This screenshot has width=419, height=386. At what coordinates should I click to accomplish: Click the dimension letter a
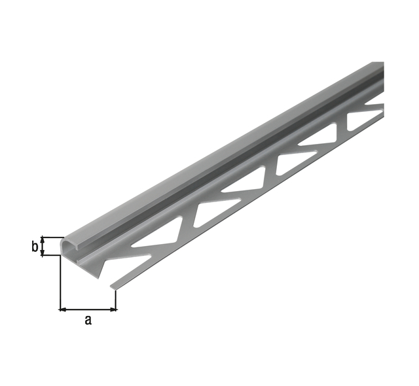[88, 320]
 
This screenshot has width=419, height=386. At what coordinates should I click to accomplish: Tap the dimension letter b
[35, 247]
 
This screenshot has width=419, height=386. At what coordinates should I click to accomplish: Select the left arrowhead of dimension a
[62, 309]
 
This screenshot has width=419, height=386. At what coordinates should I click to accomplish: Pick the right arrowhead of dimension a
[114, 309]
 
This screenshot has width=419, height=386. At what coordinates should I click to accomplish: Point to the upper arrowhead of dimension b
[42, 239]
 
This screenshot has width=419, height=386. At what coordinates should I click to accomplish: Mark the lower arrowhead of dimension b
[42, 253]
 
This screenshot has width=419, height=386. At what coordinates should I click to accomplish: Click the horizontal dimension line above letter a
[88, 309]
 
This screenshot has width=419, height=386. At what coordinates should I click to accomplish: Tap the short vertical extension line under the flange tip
[115, 300]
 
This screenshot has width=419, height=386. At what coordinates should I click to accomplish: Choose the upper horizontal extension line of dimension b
[52, 237]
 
